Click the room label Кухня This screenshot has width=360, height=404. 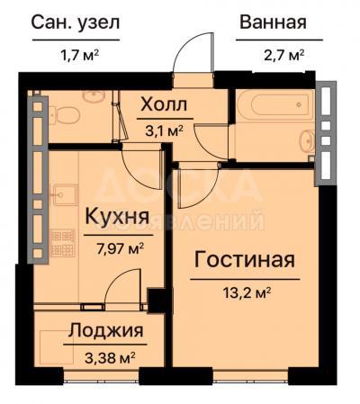pos(117,217)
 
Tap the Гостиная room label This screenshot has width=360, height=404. pos(245,260)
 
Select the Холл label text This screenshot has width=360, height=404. pos(164,104)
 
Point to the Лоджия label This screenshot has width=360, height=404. pos(106,331)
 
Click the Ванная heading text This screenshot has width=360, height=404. pos(273,22)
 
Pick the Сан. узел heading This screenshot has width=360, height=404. pos(76,22)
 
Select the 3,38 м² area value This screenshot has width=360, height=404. pos(110,358)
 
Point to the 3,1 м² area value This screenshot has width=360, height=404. pos(165,131)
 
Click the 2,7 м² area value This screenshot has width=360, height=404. pos(284,55)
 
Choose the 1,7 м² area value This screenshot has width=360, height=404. pos(79,55)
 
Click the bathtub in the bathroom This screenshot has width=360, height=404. pos(275,104)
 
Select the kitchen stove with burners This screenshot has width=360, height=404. pos(63,243)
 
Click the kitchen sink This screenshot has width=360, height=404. pos(66,195)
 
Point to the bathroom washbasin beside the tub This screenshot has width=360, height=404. pos(307,141)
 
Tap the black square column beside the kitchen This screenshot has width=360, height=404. pos(157,301)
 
